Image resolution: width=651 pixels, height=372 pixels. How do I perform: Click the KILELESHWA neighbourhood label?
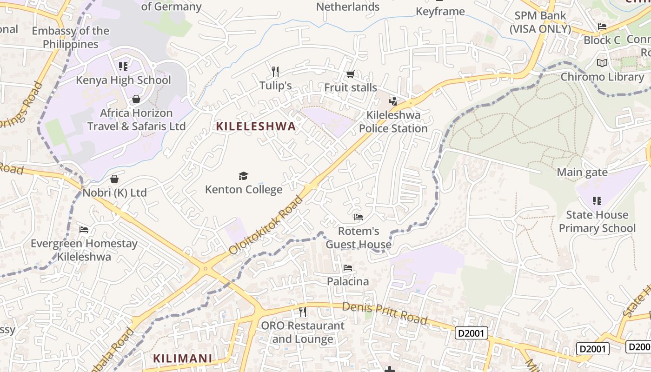[x=256, y=126]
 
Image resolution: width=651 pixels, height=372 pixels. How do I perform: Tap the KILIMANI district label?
[x=182, y=359]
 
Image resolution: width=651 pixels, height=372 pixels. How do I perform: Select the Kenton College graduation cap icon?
[x=243, y=176]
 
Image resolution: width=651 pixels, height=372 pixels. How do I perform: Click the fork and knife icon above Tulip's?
[x=275, y=71]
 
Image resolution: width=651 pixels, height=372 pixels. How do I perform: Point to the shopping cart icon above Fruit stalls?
[x=351, y=74]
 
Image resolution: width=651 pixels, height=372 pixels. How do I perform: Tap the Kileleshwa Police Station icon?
[x=393, y=101]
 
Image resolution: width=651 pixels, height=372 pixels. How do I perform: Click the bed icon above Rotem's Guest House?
[x=358, y=217]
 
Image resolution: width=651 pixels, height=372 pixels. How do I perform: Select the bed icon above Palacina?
[x=347, y=268]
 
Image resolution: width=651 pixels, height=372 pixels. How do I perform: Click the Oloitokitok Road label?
[x=266, y=226]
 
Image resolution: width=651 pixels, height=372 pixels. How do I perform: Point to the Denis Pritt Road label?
[x=385, y=313]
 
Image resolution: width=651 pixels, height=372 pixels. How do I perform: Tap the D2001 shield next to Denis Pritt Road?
[x=472, y=333]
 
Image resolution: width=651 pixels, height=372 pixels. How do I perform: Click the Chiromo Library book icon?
[x=602, y=63]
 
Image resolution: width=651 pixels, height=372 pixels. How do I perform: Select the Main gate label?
[x=582, y=173]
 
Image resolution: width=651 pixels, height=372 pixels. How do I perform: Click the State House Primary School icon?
[x=597, y=201]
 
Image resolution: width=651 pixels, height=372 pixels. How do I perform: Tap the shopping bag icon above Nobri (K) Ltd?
[x=114, y=179]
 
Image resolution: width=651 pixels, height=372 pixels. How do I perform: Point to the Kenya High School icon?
[x=123, y=66]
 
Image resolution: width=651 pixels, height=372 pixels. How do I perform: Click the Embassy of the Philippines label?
[x=71, y=38]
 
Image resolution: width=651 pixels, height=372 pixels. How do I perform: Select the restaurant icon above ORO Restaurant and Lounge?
[x=303, y=312]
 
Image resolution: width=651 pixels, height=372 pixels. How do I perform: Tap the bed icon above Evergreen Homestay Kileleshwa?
[x=84, y=230]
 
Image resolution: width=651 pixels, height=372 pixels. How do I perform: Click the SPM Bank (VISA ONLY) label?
[x=540, y=22]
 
